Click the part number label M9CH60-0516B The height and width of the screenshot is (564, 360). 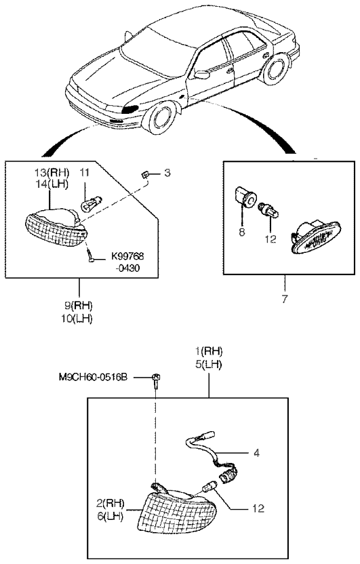point(93,378)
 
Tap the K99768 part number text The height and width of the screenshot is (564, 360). point(127,256)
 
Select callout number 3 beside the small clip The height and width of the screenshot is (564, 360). point(167,173)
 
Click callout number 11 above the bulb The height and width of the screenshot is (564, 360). point(84,173)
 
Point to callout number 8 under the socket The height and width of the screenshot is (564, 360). point(241,232)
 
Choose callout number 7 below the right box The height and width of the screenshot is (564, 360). point(285,298)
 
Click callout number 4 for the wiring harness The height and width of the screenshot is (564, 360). point(256,453)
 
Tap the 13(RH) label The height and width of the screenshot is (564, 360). point(55,173)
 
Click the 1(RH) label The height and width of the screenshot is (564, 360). point(209,351)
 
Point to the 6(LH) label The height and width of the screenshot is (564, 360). point(110,517)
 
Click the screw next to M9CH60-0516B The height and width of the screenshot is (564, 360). point(156,382)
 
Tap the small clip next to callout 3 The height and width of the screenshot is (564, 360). point(144,176)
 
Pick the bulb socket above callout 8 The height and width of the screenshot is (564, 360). point(245,197)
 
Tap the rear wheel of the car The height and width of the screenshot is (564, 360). point(275,68)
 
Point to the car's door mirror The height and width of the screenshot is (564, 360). point(202,75)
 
